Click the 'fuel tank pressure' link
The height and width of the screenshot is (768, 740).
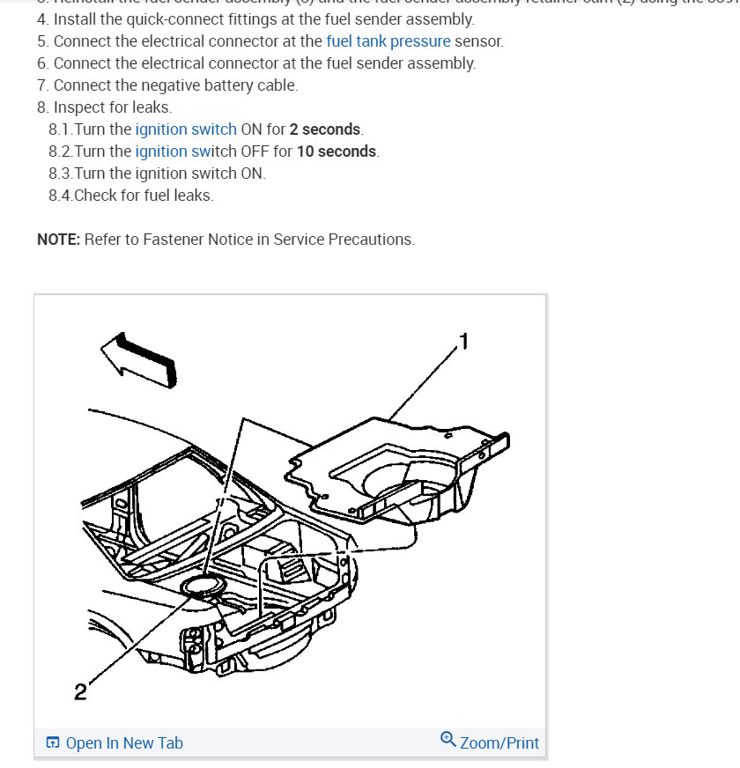click(x=388, y=41)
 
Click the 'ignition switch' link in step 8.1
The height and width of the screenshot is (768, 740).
click(x=185, y=129)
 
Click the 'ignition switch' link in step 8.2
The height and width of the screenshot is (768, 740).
click(x=185, y=151)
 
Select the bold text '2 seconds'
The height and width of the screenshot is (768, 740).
click(x=325, y=129)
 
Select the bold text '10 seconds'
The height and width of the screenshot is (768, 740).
click(x=337, y=151)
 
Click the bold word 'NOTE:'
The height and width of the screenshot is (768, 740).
click(x=58, y=239)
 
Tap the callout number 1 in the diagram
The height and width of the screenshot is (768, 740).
click(x=464, y=340)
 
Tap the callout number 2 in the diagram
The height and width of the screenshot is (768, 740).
click(x=80, y=692)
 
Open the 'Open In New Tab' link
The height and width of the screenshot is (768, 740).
click(x=124, y=742)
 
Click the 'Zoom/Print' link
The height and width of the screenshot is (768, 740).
click(x=499, y=742)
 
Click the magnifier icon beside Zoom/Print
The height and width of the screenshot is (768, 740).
click(x=448, y=740)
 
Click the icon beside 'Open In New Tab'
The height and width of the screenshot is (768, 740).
click(x=53, y=742)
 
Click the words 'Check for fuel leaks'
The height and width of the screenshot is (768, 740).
click(x=144, y=196)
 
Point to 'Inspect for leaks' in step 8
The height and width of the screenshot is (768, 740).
click(x=112, y=107)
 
